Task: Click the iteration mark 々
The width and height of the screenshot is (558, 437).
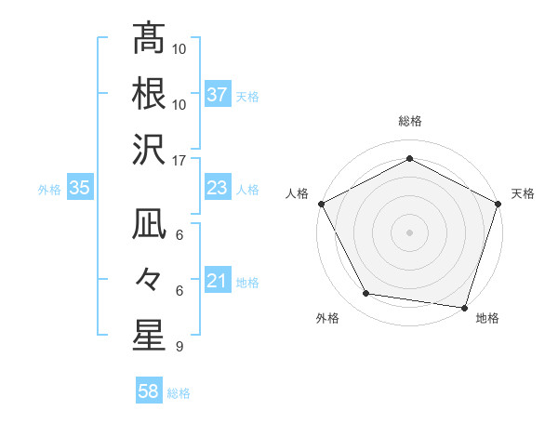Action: (x=148, y=280)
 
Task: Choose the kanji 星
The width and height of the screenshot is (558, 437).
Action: (x=148, y=335)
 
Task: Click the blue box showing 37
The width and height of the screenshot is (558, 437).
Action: (x=218, y=94)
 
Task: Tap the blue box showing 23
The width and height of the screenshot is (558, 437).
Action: (x=218, y=188)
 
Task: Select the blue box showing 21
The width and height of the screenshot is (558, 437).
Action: (x=218, y=281)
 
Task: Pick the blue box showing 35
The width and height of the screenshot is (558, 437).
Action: (x=80, y=188)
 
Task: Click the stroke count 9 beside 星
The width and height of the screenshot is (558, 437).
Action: (x=179, y=347)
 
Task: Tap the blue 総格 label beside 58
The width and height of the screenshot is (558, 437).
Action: (x=179, y=393)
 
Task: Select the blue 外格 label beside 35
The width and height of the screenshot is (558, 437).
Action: (x=49, y=189)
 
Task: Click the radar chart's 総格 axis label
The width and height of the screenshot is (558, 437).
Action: (x=409, y=122)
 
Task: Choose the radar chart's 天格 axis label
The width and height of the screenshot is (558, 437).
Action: (x=524, y=193)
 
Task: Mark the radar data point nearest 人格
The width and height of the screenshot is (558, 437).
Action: (x=322, y=203)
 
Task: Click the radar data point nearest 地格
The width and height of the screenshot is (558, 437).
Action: (x=464, y=307)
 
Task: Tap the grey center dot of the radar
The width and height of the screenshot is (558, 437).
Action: (x=409, y=232)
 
